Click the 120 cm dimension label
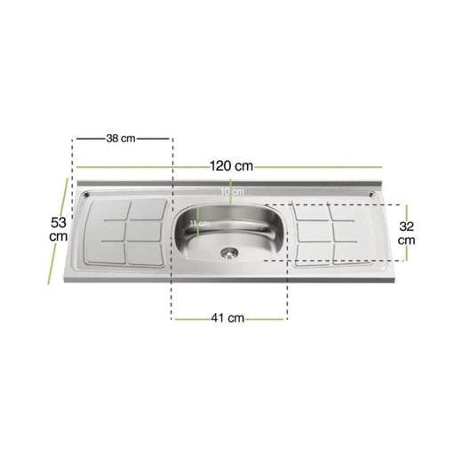point(231,165)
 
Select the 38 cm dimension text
point(120,138)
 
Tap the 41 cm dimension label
point(230,318)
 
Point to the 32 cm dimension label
point(406,233)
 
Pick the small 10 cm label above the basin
point(232,191)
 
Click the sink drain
point(230,251)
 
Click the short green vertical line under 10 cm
point(232,201)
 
